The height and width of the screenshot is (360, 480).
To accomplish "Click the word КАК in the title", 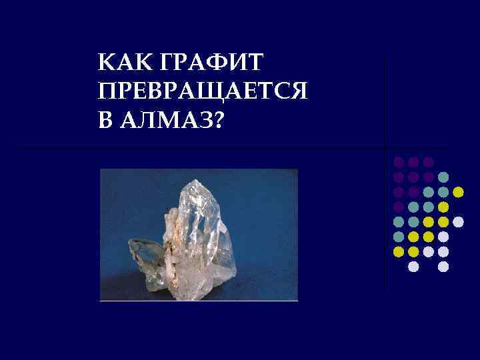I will [119, 64].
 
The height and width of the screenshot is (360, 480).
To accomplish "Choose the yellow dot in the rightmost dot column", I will [458, 192].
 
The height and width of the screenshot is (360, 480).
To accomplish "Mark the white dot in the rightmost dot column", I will [458, 221].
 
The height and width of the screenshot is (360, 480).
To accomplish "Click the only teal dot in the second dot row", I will [443, 177].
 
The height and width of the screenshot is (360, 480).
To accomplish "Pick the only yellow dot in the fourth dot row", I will [443, 207].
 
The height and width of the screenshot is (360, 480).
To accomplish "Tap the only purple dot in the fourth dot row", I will [398, 207].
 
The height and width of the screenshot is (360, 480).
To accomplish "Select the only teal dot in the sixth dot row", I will [398, 236].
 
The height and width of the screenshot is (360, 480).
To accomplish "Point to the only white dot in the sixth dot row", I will [443, 236].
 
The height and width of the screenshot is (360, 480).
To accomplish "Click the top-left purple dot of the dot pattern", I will [398, 162].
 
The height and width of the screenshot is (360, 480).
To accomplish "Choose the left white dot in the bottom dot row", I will [413, 266].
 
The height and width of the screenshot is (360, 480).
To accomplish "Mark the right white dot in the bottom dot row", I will [443, 266].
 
